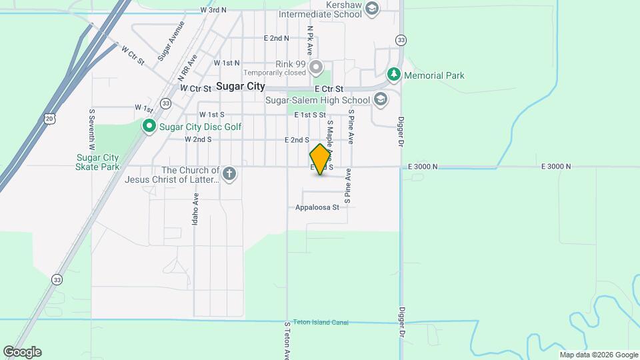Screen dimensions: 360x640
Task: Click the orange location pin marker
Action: coord(321,159)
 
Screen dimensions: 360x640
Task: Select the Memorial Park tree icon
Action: coord(394,75)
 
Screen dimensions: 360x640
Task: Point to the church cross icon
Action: coord(229,175)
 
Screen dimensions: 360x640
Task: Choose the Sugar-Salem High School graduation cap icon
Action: coord(381,100)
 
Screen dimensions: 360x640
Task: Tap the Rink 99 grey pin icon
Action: coord(316,67)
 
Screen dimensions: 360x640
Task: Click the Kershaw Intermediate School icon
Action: coord(372,8)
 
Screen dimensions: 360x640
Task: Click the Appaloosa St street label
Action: coord(317,207)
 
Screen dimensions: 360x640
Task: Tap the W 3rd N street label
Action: coord(213,10)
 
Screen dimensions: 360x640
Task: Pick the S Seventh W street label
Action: coord(91,129)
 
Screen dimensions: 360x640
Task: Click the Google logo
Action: coord(22,352)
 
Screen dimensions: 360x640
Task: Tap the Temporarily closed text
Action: coord(275,73)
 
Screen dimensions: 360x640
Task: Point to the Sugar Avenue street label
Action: coord(171,42)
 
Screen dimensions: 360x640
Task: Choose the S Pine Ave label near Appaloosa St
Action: coord(347,189)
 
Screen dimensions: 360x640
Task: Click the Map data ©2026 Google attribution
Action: coord(598,355)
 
